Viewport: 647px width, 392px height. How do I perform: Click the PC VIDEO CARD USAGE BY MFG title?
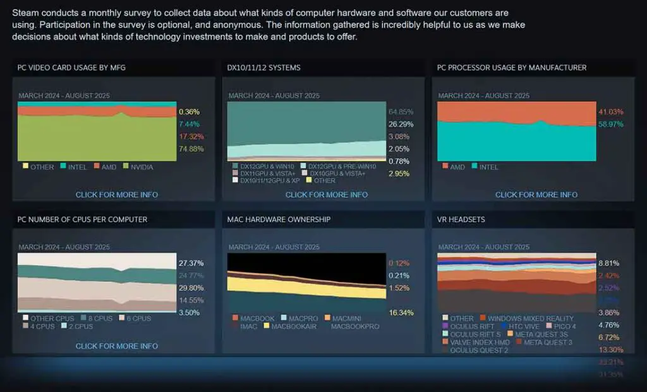[x=71, y=68]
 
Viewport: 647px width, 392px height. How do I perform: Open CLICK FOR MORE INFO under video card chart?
[x=117, y=195]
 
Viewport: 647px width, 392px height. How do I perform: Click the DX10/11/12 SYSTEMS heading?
[x=263, y=68]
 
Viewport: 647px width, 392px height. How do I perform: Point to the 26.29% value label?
[x=401, y=125]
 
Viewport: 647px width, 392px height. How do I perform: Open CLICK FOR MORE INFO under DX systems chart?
[x=327, y=195]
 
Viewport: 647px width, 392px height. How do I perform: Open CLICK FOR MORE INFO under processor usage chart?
[x=536, y=195]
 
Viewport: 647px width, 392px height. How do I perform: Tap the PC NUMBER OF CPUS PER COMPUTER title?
[x=82, y=219]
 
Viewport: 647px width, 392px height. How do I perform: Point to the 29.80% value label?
[x=191, y=288]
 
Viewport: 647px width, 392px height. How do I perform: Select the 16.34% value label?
[x=401, y=312]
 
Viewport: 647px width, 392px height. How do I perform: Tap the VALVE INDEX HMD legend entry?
[x=476, y=342]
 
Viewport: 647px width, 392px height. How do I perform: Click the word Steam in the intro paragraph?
[x=24, y=13]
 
